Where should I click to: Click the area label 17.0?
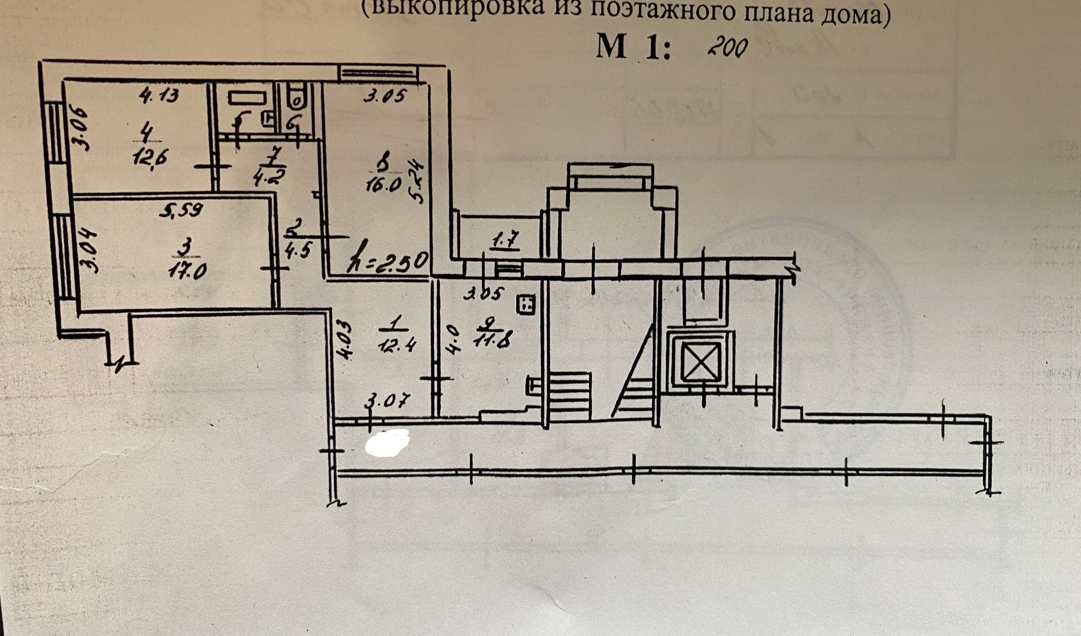[x=187, y=272]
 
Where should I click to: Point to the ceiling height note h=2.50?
[x=388, y=262]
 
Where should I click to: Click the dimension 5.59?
[x=181, y=210]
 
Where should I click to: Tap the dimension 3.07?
[x=387, y=402]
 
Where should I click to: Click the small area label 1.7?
[x=505, y=241]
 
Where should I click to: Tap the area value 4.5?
[x=297, y=249]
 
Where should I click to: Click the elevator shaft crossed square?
[x=700, y=361]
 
